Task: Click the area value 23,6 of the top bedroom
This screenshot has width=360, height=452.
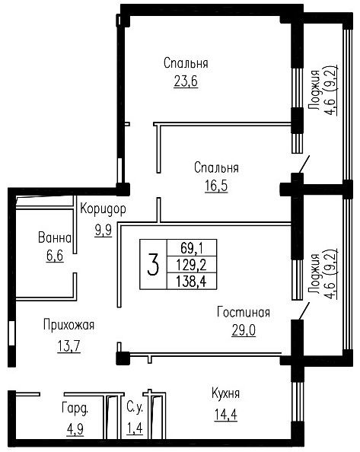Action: pos(186,81)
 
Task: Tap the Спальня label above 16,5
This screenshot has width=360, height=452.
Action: pos(216,167)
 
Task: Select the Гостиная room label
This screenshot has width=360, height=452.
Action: pos(244,312)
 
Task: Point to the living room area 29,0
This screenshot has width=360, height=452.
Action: pos(244,330)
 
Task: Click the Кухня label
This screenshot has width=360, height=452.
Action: pos(226,393)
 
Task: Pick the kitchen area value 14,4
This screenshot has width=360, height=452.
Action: pos(226,415)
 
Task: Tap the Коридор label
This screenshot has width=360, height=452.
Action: pos(103,208)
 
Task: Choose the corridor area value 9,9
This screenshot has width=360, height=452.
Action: pos(104,231)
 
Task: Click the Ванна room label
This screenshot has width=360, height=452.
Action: pos(55,238)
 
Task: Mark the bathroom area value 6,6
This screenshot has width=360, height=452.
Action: pos(55,256)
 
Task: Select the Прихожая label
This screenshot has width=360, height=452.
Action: pos(69,325)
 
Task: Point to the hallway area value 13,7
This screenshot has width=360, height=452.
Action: pos(68,346)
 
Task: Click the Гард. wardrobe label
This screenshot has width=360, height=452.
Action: pos(75,409)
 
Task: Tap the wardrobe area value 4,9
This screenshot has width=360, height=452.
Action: pos(75,429)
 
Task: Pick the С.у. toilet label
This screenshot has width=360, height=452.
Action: pos(135,409)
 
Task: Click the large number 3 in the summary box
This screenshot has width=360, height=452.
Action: pos(153,264)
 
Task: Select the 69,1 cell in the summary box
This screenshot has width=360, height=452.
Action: pos(192,247)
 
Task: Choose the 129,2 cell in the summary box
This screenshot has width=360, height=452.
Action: pos(192,264)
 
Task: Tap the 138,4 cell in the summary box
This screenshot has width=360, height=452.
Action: pos(191,281)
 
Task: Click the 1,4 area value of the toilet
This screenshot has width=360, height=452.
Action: pos(135,428)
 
